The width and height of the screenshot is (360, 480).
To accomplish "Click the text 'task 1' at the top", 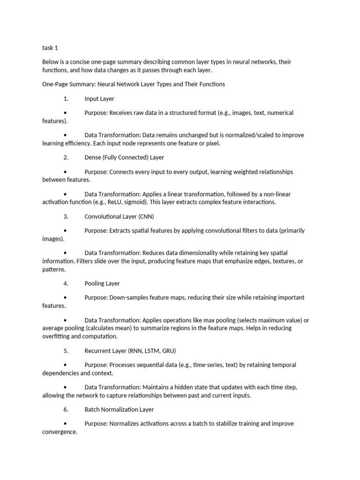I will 50,48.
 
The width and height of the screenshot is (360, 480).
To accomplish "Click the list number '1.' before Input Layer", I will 66,99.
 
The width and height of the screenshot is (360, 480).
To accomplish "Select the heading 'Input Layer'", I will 99,99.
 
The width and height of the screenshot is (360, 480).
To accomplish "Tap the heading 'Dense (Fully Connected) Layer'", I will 124,157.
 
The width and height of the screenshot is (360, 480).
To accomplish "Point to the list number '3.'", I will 66,217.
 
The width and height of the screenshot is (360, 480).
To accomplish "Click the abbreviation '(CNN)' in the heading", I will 146,217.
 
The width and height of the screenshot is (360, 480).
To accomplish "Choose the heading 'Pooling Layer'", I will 102,284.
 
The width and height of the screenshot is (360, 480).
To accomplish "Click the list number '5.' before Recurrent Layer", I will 66,351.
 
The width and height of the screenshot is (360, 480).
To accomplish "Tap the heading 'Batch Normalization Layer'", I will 120,410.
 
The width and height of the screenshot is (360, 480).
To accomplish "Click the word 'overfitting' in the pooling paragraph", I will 56,337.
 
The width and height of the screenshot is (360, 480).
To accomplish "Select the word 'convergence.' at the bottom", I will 60,432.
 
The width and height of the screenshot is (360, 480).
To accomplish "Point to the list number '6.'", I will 66,410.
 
